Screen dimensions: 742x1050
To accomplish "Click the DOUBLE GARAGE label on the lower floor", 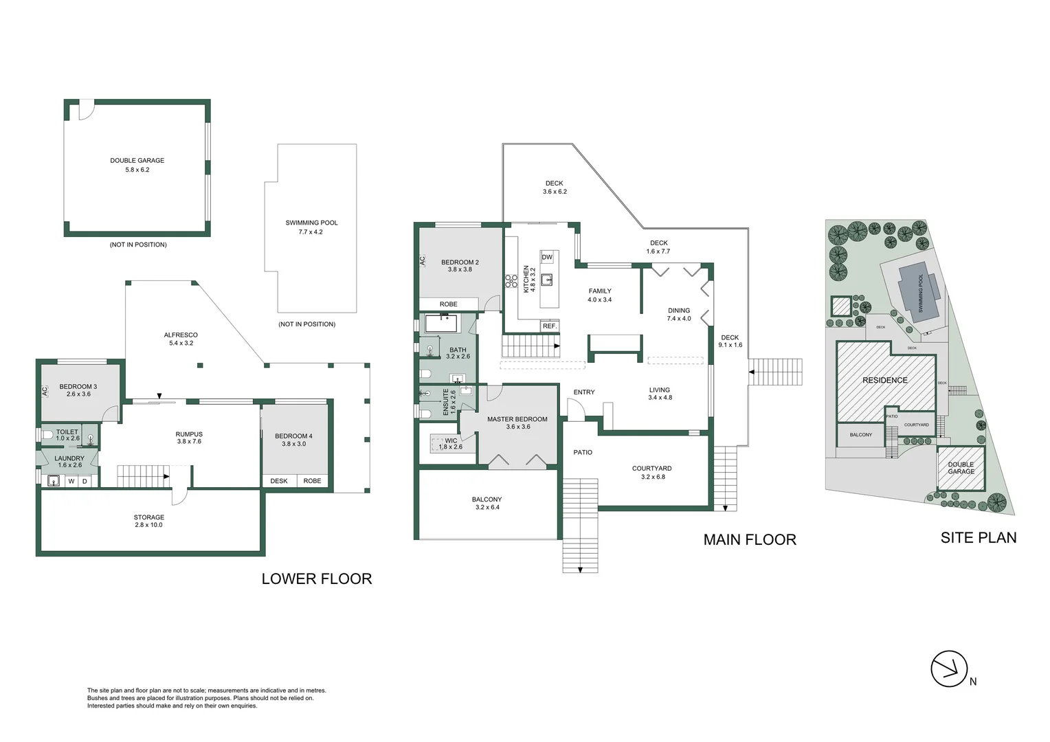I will tap(137, 164).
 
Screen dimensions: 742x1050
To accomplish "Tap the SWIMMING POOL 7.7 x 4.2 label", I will tap(311, 227).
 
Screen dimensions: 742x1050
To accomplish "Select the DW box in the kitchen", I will tap(547, 258).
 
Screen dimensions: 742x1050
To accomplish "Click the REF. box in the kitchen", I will tap(549, 326).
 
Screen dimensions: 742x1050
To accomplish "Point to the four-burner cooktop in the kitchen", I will tap(511, 280).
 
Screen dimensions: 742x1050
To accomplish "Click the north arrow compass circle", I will tap(949, 668).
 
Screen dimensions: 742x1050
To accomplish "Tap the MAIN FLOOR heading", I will tap(749, 539).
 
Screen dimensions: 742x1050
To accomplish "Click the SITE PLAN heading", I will tap(978, 537).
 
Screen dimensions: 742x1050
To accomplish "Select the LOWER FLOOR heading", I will tap(316, 578).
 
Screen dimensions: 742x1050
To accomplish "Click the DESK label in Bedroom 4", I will tap(279, 481).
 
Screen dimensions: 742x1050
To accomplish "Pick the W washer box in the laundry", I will tap(71, 481).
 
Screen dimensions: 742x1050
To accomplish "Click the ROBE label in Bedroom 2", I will tap(448, 304).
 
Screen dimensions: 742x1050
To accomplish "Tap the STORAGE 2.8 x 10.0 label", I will tap(149, 521).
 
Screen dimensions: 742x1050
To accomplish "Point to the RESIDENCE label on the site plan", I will tap(884, 380).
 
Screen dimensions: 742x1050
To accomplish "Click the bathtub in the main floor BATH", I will tap(441, 324).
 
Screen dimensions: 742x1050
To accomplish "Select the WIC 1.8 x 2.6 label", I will tap(451, 444).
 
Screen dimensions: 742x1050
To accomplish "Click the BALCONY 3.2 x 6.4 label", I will tap(487, 503).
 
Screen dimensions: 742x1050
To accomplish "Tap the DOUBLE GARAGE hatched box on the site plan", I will tap(961, 469).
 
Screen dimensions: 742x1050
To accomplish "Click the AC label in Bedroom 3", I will tap(45, 390).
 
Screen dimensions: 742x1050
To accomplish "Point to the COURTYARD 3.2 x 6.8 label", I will tap(651, 472).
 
